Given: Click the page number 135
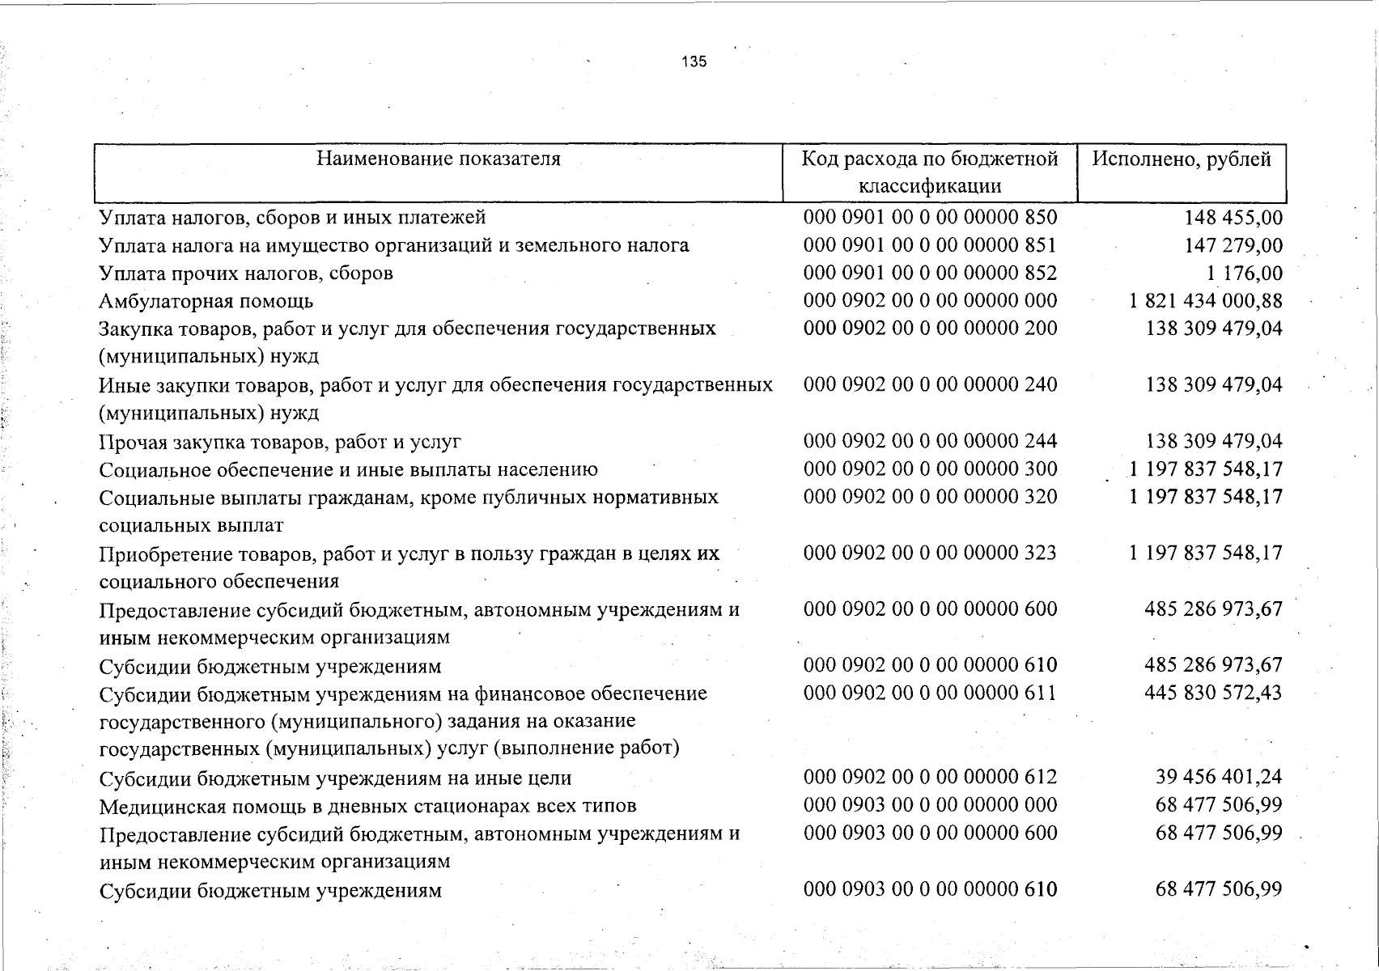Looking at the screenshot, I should click(x=694, y=61).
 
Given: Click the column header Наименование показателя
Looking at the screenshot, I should click(x=438, y=159).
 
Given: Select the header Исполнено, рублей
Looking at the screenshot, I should click(x=1182, y=159).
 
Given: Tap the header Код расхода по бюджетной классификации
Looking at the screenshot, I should click(x=930, y=172).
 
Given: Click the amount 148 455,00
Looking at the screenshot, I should click(x=1233, y=218).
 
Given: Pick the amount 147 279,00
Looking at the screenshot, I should click(x=1233, y=245).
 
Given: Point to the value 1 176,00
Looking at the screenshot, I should click(x=1247, y=273).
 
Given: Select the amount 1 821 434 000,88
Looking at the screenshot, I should click(x=1205, y=301).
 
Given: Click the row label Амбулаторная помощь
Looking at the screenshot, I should click(x=206, y=302).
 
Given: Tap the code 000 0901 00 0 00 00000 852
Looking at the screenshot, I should click(x=930, y=273).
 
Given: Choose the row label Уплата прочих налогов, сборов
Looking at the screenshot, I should click(x=246, y=273).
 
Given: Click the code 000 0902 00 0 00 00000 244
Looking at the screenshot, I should click(x=930, y=441).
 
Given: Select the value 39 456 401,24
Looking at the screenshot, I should click(x=1219, y=777).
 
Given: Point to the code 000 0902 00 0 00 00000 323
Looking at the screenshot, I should click(x=930, y=553).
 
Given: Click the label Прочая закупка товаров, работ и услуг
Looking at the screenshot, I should click(x=280, y=442).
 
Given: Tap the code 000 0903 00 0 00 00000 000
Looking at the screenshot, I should click(x=930, y=804).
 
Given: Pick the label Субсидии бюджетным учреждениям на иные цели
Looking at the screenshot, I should click(x=335, y=778).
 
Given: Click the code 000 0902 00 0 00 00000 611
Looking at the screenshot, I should click(x=930, y=693).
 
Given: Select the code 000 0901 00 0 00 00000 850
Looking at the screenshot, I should click(x=930, y=217).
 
